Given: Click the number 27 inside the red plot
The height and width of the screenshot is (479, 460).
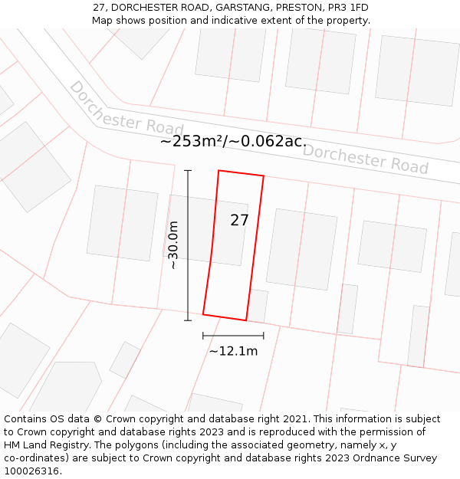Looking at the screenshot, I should [239, 221].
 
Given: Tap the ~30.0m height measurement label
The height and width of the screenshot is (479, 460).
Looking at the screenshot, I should [173, 245].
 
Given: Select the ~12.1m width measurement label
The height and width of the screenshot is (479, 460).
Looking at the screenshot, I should [233, 351].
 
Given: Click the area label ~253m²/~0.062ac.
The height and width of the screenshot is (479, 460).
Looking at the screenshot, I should [233, 141].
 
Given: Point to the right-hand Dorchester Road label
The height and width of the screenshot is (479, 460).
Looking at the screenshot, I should [365, 158].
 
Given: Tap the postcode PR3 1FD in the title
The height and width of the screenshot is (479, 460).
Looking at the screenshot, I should [348, 8].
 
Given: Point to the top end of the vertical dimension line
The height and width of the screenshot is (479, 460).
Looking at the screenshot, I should [188, 171].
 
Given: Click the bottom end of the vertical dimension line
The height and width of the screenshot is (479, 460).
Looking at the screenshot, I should [188, 320].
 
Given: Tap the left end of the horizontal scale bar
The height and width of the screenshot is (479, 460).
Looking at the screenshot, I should [203, 335].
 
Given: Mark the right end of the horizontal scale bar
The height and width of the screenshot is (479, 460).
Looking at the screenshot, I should [264, 335].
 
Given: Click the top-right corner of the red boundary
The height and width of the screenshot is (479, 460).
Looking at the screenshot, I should [264, 176].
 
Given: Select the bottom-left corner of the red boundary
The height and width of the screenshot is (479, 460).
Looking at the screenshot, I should [203, 313].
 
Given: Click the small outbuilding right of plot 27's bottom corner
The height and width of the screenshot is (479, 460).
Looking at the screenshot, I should [259, 306].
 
